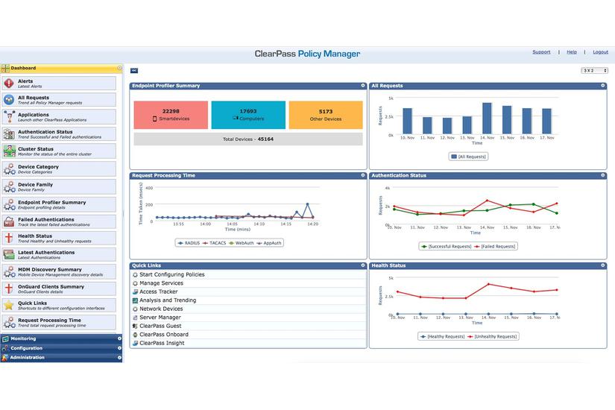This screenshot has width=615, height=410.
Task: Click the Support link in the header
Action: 541,52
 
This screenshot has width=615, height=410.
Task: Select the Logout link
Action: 600,52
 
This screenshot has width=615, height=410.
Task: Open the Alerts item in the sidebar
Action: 60,83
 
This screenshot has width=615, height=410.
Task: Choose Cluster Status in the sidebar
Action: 60,151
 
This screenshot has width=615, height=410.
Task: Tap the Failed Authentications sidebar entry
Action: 60,221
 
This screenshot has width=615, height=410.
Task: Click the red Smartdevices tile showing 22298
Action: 171,115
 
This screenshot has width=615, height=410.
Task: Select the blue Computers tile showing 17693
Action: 248,115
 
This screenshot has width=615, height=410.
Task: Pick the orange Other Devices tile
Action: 326,115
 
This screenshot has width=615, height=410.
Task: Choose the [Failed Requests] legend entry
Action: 495,246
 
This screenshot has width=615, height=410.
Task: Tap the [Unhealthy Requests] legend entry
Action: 493,336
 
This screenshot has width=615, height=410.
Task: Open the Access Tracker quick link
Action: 158,292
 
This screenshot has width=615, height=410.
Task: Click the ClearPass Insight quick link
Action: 162,343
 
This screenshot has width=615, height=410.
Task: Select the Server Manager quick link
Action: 160,318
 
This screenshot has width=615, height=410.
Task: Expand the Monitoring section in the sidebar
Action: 60,338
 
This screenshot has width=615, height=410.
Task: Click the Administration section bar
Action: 60,357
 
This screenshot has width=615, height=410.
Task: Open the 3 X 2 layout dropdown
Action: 594,70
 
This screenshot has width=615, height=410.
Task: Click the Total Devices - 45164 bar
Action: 248,139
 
